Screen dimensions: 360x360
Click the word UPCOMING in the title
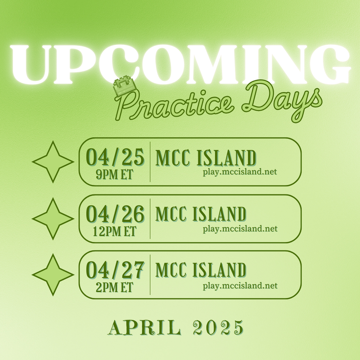pyautogui.click(x=180, y=64)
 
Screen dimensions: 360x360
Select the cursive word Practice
pyautogui.click(x=173, y=105)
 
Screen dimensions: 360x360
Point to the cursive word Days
pyautogui.click(x=282, y=101)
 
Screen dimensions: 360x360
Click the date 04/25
pyautogui.click(x=115, y=157)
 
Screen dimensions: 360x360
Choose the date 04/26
pyautogui.click(x=115, y=214)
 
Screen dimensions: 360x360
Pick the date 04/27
pyautogui.click(x=115, y=270)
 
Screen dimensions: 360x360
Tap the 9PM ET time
pyautogui.click(x=115, y=175)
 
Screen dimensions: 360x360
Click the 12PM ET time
pyautogui.click(x=115, y=231)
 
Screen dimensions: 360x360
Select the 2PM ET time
pyautogui.click(x=115, y=288)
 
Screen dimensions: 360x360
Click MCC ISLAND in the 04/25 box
pyautogui.click(x=206, y=158)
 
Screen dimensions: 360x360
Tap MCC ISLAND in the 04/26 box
pyautogui.click(x=201, y=214)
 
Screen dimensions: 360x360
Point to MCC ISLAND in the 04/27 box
pyautogui.click(x=201, y=270)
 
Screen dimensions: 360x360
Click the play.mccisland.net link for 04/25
pyautogui.click(x=240, y=172)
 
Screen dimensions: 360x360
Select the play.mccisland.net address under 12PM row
pyautogui.click(x=240, y=229)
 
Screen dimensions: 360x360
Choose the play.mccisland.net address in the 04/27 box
pyautogui.click(x=240, y=286)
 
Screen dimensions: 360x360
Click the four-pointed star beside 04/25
pyautogui.click(x=53, y=162)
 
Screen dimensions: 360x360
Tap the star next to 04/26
pyautogui.click(x=53, y=219)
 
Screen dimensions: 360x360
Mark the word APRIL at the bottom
pyautogui.click(x=144, y=328)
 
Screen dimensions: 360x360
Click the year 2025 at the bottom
pyautogui.click(x=218, y=328)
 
